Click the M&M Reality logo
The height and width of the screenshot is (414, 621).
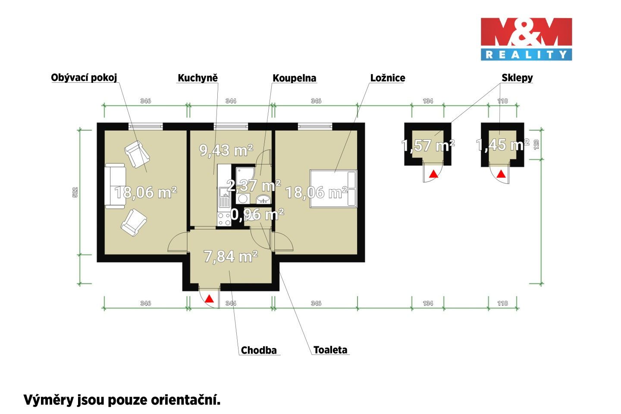pos(526,39)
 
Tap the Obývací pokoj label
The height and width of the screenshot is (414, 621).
pos(84,78)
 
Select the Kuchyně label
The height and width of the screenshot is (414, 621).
pos(198,78)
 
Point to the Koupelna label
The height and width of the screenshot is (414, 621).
pos(294,78)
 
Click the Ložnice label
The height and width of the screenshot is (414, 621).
pos(388,78)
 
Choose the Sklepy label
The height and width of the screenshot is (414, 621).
pos(517,78)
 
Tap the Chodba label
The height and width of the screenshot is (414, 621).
pos(259,350)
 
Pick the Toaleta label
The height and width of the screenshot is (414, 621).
pos(330,350)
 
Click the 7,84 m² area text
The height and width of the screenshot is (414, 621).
pos(231,257)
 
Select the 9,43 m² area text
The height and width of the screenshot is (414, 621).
pos(226,150)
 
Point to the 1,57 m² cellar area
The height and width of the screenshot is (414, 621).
pos(428,145)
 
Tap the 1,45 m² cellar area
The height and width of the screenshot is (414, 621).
pos(502,144)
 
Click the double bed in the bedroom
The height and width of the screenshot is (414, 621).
pos(333,189)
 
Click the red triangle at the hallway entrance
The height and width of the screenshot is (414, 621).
pos(209,298)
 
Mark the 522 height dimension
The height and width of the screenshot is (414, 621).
pos(75,192)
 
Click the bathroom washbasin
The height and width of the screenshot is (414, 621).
pos(263,199)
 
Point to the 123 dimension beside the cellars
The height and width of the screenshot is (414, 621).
pos(536,144)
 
